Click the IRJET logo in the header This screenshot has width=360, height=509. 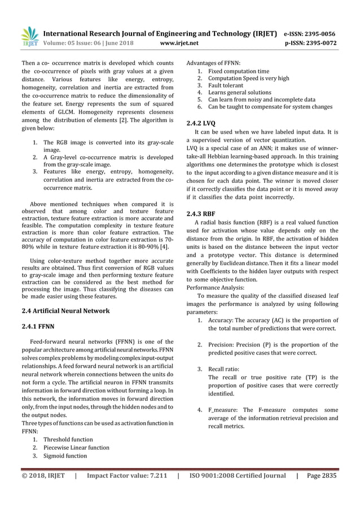pyautogui.click(x=30, y=36)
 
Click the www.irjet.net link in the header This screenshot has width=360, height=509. pyautogui.click(x=179, y=42)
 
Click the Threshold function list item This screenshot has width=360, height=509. pyautogui.click(x=68, y=439)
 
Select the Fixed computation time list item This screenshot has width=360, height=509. pyautogui.click(x=239, y=72)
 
